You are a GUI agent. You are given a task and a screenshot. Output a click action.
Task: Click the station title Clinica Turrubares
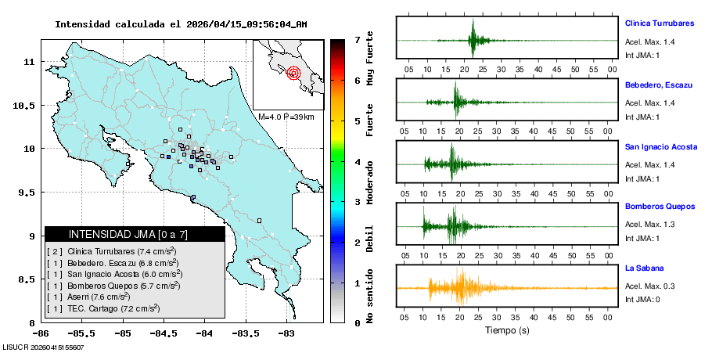point(660,23)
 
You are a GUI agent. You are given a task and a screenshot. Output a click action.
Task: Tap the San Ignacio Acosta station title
point(661,146)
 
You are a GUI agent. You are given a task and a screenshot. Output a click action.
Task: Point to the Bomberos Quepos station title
point(660,207)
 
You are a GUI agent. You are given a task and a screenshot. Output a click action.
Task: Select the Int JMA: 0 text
point(642,300)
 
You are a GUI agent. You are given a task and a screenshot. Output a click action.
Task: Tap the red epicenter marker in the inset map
point(293,74)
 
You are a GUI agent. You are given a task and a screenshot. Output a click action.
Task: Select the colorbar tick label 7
point(357,39)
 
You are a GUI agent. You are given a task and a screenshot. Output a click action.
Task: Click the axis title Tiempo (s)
point(506,330)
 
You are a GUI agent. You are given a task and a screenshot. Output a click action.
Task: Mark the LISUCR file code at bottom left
point(43,347)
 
